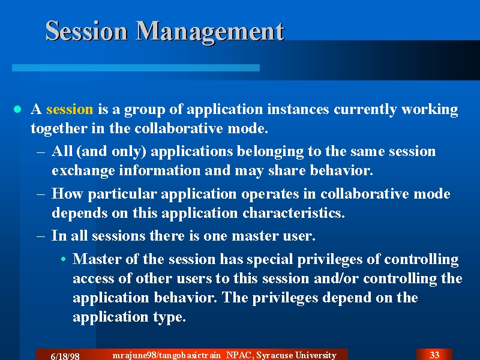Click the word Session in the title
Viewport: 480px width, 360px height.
coord(86,31)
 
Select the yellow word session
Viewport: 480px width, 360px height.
coord(70,109)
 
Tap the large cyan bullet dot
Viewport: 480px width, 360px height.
coord(17,109)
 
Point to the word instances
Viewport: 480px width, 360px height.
coord(298,109)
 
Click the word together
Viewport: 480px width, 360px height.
coord(59,128)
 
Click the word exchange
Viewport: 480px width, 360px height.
coord(83,171)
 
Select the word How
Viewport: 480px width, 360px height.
coord(67,193)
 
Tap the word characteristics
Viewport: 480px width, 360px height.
coord(293,213)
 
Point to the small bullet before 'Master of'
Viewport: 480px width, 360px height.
coord(64,259)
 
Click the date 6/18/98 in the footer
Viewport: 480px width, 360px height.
coord(65,356)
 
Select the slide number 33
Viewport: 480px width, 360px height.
coord(434,355)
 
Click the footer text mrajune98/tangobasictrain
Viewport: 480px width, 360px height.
coord(167,355)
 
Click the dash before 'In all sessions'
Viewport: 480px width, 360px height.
coord(41,236)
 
